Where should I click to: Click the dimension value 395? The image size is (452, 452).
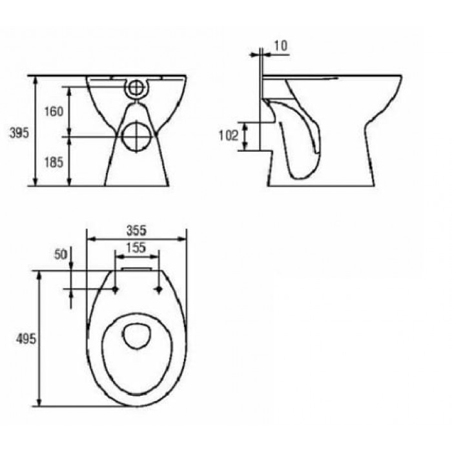click(19, 133)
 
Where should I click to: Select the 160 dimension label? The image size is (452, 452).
click(54, 111)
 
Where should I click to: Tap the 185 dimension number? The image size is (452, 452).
click(54, 162)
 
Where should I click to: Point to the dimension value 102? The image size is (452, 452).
click(229, 136)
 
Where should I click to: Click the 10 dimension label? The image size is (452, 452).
click(280, 46)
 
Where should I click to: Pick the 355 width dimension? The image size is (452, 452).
click(137, 231)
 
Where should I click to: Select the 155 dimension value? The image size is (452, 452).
click(137, 247)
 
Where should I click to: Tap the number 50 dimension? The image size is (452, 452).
click(61, 254)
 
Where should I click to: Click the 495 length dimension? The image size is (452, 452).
click(26, 339)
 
